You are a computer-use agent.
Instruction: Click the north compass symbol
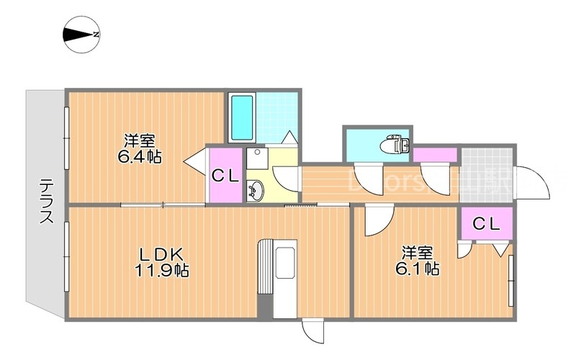click(81, 35)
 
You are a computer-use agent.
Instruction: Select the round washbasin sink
click(255, 192)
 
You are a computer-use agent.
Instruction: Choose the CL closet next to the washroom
click(225, 175)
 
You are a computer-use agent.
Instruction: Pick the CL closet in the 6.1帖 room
click(486, 224)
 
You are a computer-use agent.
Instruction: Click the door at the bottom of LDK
click(313, 332)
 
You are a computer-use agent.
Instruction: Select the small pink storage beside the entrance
click(435, 154)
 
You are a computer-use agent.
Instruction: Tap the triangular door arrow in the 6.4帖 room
click(195, 161)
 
